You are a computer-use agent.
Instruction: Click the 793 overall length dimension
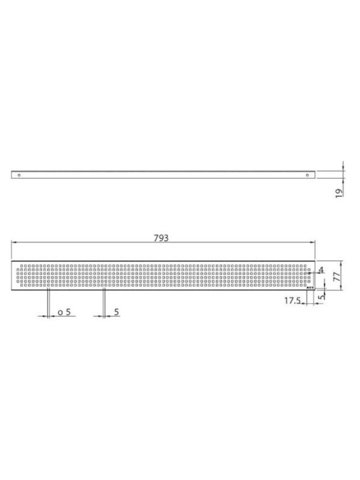(x=161, y=238)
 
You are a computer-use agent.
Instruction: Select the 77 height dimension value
(x=337, y=277)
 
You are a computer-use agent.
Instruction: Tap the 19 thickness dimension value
(x=338, y=193)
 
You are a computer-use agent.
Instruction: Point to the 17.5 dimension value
(x=292, y=301)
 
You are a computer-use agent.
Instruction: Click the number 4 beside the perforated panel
(x=321, y=269)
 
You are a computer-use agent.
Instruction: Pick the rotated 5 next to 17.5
(x=321, y=297)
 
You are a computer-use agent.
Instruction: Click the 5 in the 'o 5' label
(x=68, y=312)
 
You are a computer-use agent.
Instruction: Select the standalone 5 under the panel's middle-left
(x=116, y=312)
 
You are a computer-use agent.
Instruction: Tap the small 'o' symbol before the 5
(x=60, y=313)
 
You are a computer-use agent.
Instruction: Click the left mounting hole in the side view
(x=19, y=175)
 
